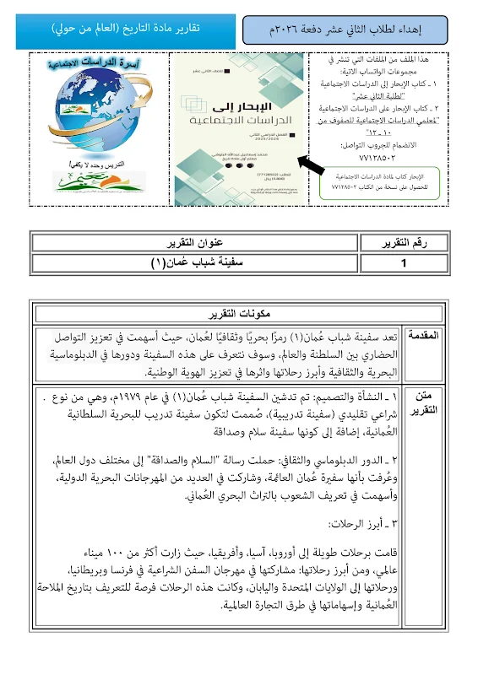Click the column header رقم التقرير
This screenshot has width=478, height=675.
pos(405,243)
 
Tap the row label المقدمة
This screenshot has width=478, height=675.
pos(428,336)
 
